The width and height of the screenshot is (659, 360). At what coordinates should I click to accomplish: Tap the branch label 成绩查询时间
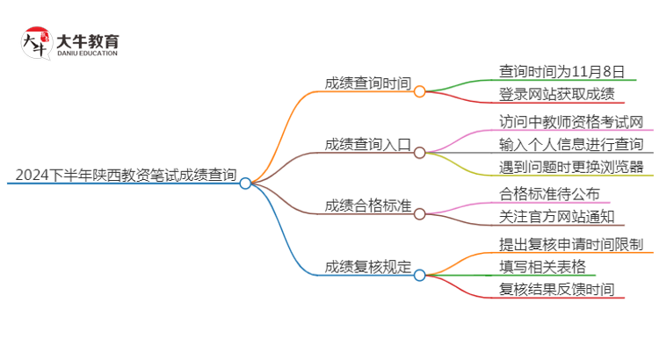367,83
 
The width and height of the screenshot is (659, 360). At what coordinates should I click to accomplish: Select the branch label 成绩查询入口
367,144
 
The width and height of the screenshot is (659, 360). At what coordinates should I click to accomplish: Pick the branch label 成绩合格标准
367,205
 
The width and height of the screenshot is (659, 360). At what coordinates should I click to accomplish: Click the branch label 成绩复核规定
367,267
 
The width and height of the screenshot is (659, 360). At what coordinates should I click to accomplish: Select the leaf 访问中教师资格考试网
571,121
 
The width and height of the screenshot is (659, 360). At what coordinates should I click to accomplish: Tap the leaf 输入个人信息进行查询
571,144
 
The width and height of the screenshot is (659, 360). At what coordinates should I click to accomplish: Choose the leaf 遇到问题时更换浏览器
571,167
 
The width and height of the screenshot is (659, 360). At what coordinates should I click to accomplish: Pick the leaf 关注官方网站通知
556,217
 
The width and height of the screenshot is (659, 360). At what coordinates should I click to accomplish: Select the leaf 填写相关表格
542,267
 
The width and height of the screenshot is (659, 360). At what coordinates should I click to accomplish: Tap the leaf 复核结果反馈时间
556,290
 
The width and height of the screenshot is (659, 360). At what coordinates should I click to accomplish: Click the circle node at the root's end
245,184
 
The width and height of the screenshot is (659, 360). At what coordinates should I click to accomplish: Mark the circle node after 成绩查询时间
420,91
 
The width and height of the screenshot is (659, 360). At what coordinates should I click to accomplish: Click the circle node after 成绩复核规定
420,275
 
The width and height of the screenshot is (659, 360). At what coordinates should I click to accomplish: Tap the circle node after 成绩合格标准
420,213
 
